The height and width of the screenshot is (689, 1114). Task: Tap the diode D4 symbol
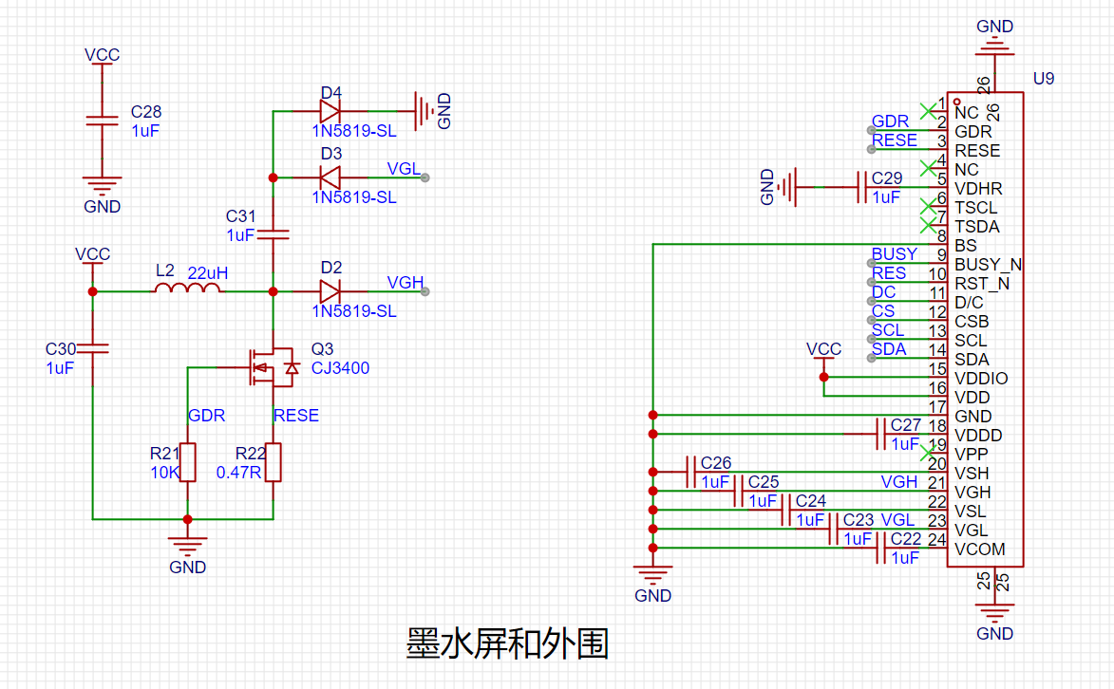(330, 111)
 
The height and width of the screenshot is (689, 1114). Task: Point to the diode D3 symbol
(330, 177)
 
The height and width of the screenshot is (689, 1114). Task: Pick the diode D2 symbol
(330, 291)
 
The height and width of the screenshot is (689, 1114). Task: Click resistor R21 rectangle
(187, 462)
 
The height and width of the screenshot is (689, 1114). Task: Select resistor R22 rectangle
(274, 462)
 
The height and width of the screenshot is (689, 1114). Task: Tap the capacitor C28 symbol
(102, 121)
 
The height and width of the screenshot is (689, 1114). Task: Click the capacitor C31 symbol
(274, 233)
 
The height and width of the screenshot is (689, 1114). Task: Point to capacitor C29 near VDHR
(862, 187)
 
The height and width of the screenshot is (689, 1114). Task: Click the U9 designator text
(1043, 79)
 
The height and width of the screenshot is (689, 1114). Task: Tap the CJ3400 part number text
(340, 368)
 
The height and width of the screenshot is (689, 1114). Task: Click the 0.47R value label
(238, 472)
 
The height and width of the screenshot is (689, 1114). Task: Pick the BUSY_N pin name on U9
(988, 265)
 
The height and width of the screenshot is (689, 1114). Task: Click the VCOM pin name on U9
(979, 549)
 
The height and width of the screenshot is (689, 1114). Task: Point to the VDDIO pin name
(981, 379)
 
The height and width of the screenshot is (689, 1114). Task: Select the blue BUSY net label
(894, 254)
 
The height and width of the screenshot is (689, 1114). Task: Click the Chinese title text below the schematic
(507, 643)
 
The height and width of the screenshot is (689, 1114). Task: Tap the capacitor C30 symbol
(92, 348)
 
